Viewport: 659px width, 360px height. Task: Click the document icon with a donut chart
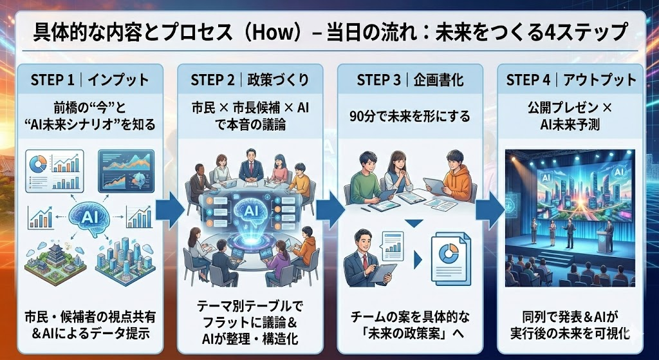click(450, 255)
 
